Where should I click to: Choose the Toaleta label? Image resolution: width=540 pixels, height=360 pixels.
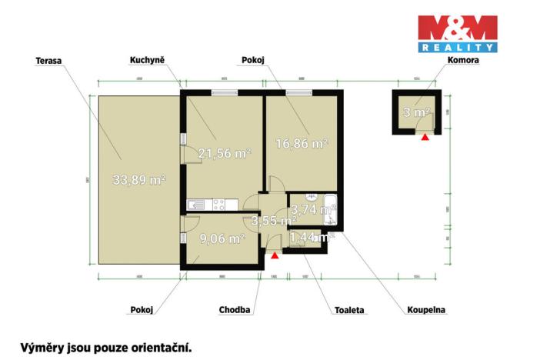pos(349,310)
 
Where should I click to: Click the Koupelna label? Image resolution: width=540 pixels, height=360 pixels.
pos(427,310)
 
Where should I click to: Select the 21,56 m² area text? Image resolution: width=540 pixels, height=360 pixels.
pos(225,153)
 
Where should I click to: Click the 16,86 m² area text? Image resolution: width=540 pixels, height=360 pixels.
pos(302,143)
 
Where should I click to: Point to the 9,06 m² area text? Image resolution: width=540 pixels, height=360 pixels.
pos(222,238)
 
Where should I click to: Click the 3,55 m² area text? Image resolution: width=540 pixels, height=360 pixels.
pos(274,222)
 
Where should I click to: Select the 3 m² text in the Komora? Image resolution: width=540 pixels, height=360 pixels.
pos(416,112)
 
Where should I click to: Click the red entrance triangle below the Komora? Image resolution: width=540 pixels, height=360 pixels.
pos(424,138)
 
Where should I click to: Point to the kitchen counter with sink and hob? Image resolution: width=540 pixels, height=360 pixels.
pos(206,205)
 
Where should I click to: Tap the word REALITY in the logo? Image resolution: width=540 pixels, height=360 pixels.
pos(457,48)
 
